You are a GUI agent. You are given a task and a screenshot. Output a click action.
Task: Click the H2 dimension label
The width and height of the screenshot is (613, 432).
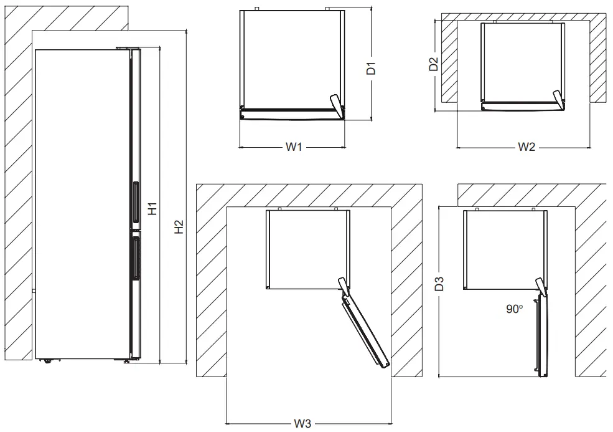point(179,228)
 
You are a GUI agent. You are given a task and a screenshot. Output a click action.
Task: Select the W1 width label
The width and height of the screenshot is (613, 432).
point(294,148)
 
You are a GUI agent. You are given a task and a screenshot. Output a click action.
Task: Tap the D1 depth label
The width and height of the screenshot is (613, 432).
point(371,69)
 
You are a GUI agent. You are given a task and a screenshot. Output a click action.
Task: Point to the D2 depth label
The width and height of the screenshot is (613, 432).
point(434,64)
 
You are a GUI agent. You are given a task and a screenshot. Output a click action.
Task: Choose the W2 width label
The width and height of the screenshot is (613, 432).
point(526,148)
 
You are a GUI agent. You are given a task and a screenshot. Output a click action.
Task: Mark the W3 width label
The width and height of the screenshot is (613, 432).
point(302,424)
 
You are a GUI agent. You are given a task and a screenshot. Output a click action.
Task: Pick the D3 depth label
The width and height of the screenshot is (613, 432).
point(439,285)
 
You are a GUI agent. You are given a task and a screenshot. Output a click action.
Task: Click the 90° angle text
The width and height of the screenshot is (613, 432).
point(513,309)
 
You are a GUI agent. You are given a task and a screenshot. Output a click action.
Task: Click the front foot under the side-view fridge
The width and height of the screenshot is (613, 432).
point(128,361)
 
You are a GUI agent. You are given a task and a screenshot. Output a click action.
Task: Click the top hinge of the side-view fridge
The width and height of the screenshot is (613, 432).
point(125,47)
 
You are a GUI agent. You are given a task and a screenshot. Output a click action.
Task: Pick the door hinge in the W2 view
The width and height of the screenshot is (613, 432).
point(558,97)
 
